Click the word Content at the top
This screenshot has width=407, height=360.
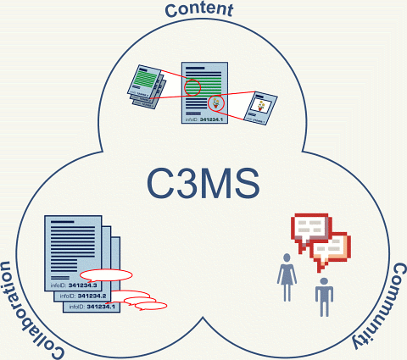coord(201,10)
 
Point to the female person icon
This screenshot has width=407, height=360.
coord(287,276)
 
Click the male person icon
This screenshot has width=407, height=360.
coord(323,296)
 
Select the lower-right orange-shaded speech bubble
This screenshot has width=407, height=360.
coord(332,246)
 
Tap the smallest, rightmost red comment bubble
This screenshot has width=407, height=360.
coord(155,306)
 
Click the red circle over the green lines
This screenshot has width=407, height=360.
coord(194,86)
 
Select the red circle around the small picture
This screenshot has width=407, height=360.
coord(216,102)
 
